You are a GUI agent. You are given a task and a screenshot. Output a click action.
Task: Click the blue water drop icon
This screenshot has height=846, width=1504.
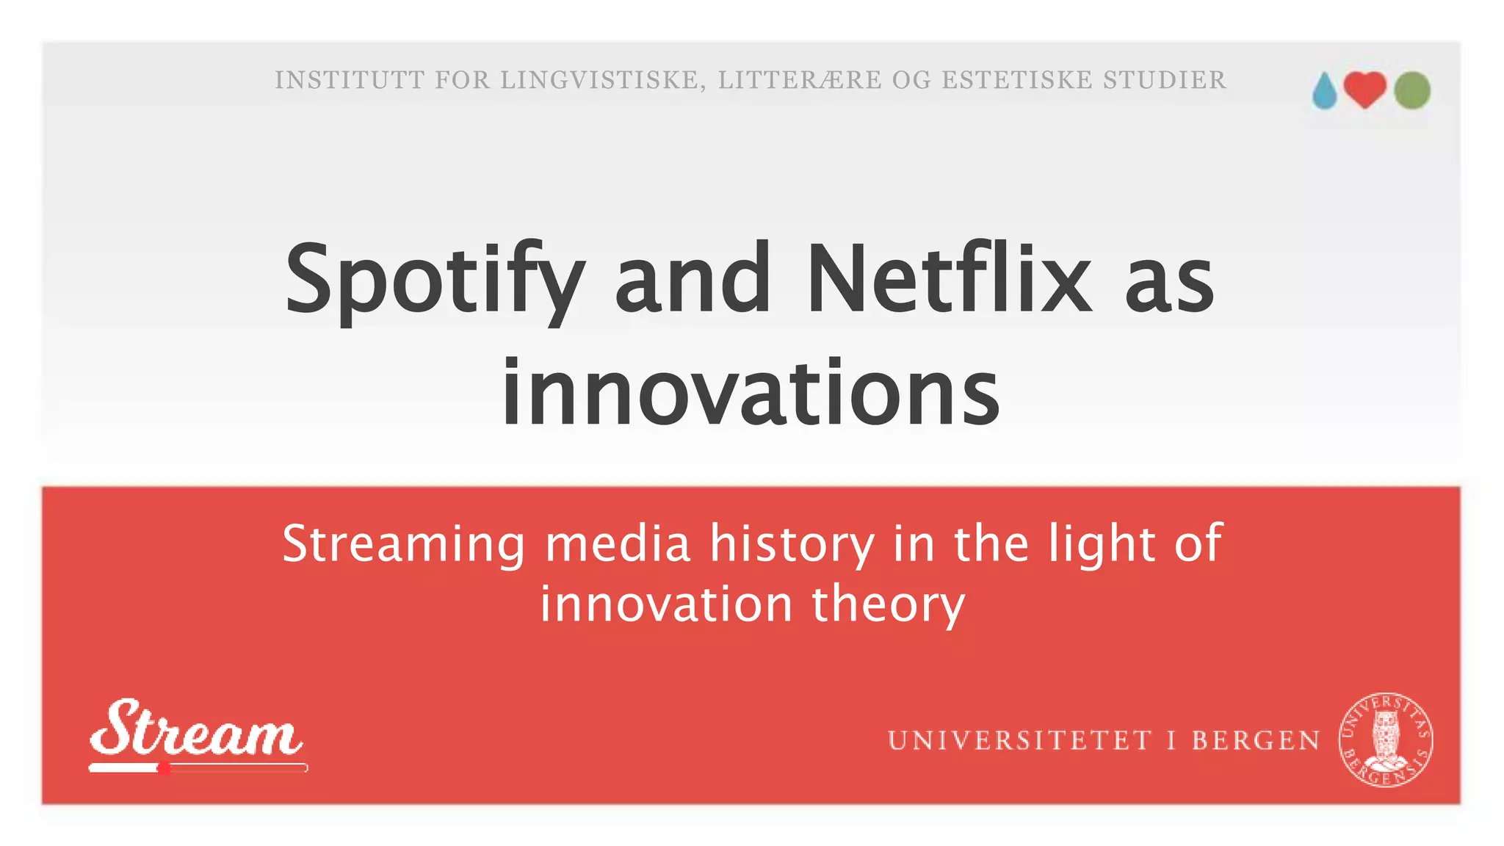pyautogui.click(x=1325, y=92)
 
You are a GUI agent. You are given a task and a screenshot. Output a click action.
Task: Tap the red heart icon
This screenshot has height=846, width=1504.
pyautogui.click(x=1365, y=90)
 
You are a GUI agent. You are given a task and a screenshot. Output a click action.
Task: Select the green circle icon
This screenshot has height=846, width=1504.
pyautogui.click(x=1412, y=90)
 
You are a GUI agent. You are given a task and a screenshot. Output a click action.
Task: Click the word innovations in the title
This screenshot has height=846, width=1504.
pyautogui.click(x=750, y=392)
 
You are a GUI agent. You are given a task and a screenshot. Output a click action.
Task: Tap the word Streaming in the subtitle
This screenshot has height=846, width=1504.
pyautogui.click(x=404, y=545)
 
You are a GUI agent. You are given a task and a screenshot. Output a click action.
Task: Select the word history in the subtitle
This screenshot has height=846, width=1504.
pyautogui.click(x=792, y=544)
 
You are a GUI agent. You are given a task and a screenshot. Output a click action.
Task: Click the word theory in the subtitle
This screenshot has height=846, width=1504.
pyautogui.click(x=888, y=605)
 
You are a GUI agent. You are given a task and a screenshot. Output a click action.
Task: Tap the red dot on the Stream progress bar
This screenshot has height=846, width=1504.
pyautogui.click(x=164, y=768)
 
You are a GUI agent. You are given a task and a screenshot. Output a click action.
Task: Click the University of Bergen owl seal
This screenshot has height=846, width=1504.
pyautogui.click(x=1386, y=739)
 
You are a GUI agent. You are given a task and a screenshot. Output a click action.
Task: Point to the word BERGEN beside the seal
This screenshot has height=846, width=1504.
pyautogui.click(x=1256, y=740)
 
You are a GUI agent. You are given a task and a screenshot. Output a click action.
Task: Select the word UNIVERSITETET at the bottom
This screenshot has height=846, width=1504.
pyautogui.click(x=1019, y=740)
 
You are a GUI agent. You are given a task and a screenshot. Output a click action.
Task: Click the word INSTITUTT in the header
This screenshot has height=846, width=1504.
pyautogui.click(x=350, y=80)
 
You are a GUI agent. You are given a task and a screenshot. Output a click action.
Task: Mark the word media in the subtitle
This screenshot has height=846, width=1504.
pyautogui.click(x=618, y=544)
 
